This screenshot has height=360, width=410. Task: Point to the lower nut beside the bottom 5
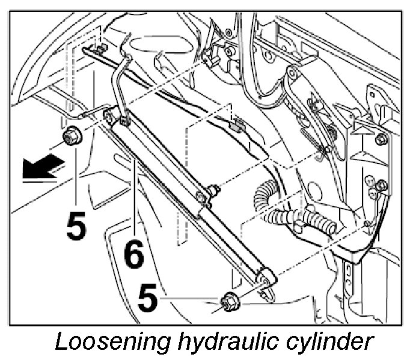click(x=230, y=300)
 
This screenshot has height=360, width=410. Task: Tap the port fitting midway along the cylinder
click(x=212, y=192)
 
